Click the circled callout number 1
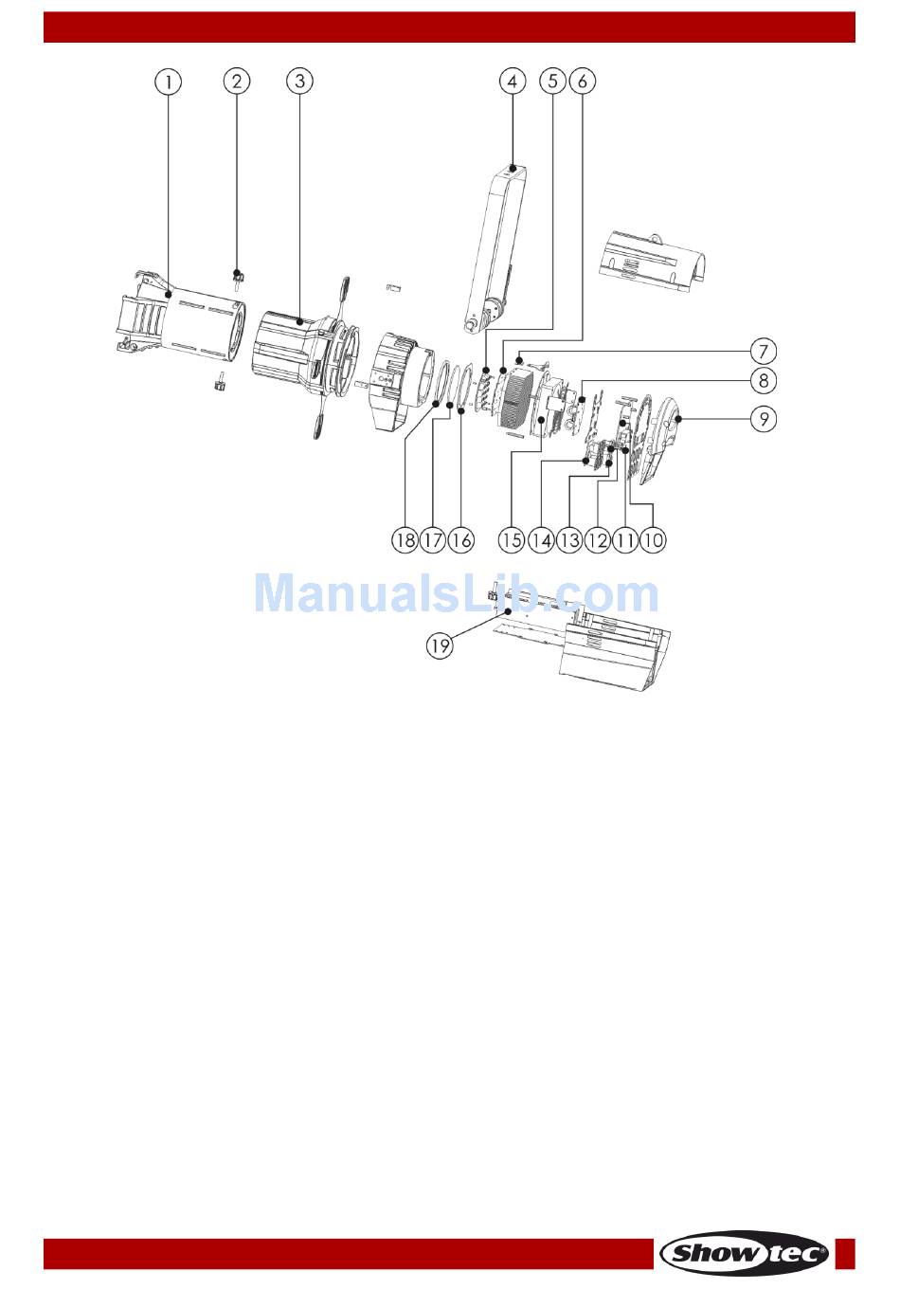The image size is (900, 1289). point(168,82)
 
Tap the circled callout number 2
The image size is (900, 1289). point(236,82)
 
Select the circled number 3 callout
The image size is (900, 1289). point(299,82)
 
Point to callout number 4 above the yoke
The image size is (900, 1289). point(512,82)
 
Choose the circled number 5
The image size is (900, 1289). point(553,82)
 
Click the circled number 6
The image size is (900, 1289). point(582,82)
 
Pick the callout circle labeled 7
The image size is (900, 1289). point(764,352)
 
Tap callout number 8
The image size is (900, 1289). point(764,381)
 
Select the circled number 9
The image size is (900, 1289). point(764,418)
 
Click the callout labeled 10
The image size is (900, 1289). point(653,540)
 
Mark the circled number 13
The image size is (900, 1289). point(568,540)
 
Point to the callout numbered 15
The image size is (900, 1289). point(512,540)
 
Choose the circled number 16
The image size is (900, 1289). point(461,540)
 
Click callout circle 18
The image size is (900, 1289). point(405,540)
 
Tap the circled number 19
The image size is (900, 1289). point(440,646)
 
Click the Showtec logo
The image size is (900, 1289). point(745,1253)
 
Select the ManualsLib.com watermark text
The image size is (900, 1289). point(456,594)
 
